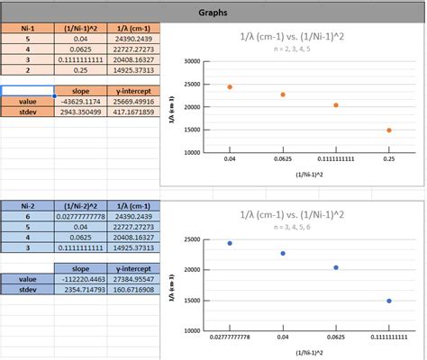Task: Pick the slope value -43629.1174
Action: pos(82,103)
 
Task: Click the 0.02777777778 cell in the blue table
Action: pos(82,217)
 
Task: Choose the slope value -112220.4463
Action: pos(82,279)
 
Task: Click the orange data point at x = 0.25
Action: pos(389,130)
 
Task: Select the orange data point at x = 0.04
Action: pos(230,87)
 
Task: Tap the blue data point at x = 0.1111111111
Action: pos(389,301)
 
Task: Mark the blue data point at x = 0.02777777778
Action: pos(230,243)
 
